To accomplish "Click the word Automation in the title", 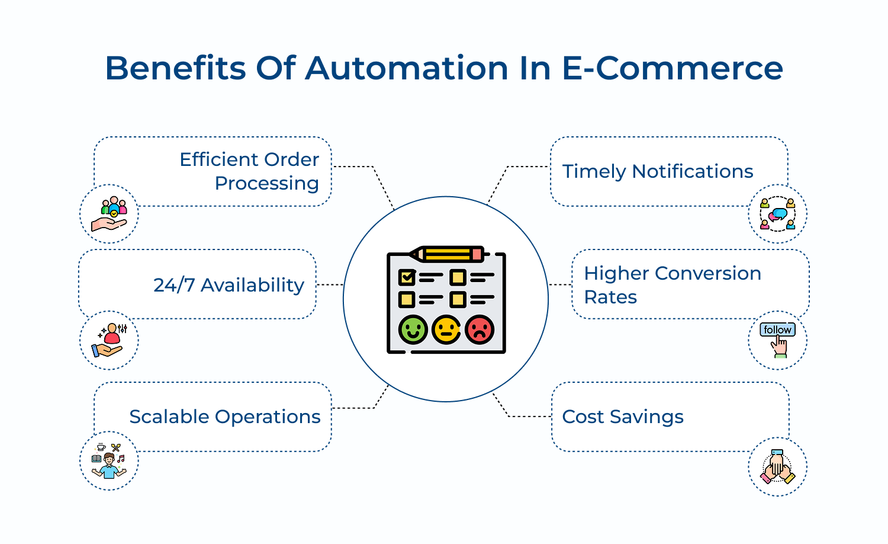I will (x=407, y=68).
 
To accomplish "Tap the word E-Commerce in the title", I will (x=672, y=68).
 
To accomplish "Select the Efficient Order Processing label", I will (x=249, y=171).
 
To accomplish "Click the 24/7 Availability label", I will (x=229, y=285).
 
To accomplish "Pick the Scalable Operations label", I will (x=225, y=417).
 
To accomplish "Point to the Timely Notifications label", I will (x=658, y=171).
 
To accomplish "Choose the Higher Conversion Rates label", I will (x=673, y=285).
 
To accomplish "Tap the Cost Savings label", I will (x=623, y=417).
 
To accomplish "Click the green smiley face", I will (x=413, y=329).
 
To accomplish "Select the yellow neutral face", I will (x=446, y=329).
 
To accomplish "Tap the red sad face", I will (x=480, y=329).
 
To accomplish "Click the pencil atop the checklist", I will (x=448, y=254).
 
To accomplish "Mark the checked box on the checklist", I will (x=407, y=277).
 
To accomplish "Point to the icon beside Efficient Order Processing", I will (x=109, y=214).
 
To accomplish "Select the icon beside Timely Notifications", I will (x=777, y=214).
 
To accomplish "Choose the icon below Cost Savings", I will (x=777, y=467).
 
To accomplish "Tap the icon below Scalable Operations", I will (x=109, y=461).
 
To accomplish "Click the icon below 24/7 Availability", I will (x=109, y=341).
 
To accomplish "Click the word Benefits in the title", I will (x=175, y=68).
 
